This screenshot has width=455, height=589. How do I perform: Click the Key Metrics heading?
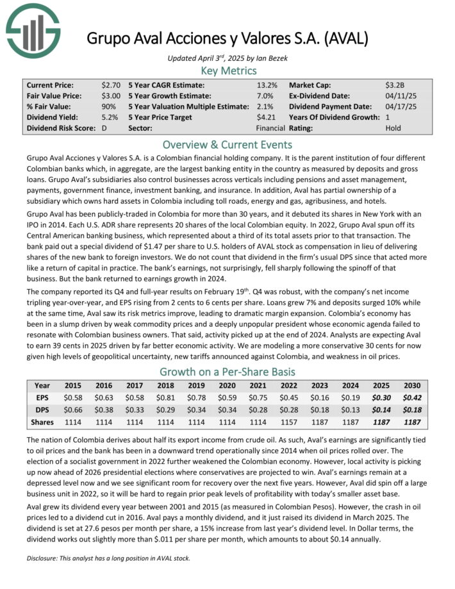(x=228, y=71)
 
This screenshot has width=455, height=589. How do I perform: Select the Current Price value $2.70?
(x=110, y=85)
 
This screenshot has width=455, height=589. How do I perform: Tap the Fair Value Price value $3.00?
(x=110, y=95)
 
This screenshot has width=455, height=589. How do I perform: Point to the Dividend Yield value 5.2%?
(x=109, y=117)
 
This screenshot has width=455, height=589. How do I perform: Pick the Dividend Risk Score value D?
(x=104, y=128)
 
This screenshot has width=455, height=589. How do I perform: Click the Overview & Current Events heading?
(x=227, y=144)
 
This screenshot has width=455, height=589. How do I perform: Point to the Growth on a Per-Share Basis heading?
(x=227, y=372)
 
